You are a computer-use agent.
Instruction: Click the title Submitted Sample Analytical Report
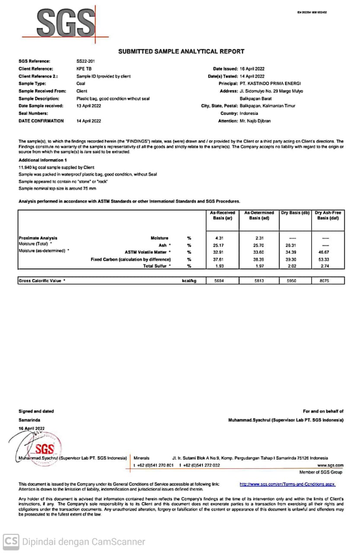pyautogui.click(x=181, y=51)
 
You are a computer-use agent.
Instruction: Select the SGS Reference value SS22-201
pyautogui.click(x=85, y=61)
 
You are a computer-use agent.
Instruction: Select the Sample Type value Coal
pyautogui.click(x=81, y=83)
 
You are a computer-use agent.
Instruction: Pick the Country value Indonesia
pyautogui.click(x=249, y=113)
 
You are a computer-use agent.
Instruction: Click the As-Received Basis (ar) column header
pyautogui.click(x=222, y=215)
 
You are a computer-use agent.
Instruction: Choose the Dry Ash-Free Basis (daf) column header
pyautogui.click(x=328, y=215)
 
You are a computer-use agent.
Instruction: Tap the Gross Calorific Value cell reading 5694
pyautogui.click(x=220, y=281)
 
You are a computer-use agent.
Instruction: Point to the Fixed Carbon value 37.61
pyautogui.click(x=220, y=259)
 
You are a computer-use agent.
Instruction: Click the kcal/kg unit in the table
pyautogui.click(x=189, y=281)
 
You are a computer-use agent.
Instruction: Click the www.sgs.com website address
pyautogui.click(x=330, y=465)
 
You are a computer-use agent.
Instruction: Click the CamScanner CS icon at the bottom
pyautogui.click(x=11, y=542)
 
